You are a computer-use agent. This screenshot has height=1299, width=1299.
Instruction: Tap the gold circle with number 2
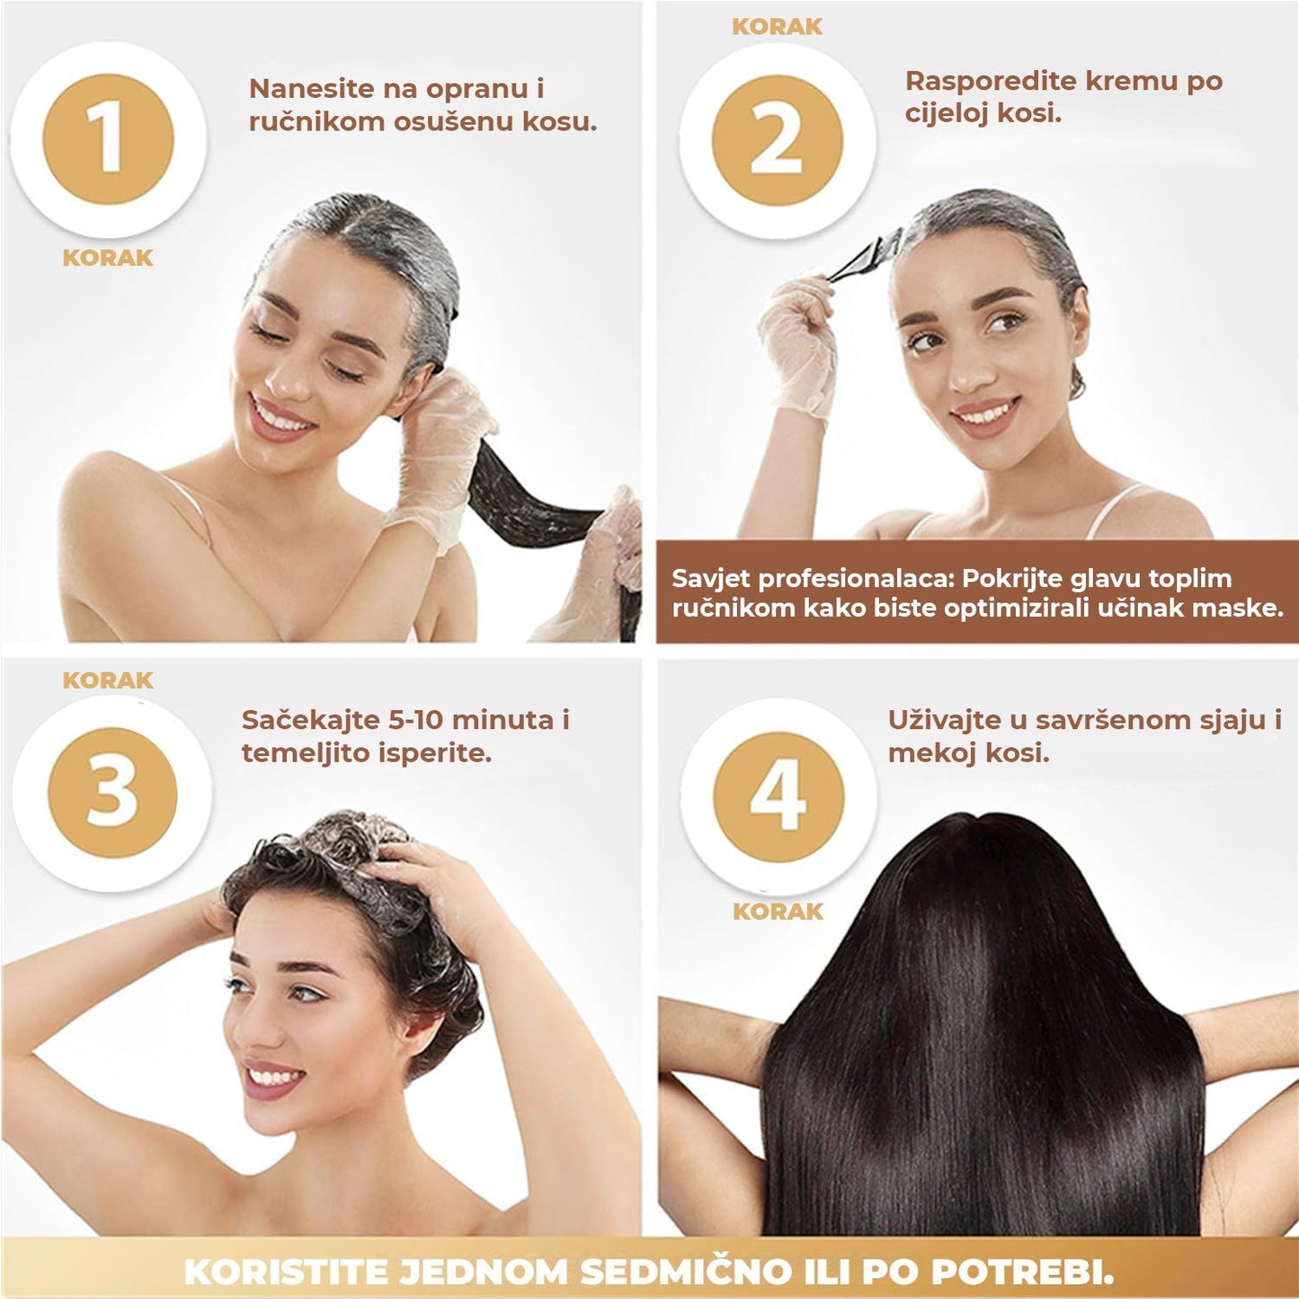(777, 139)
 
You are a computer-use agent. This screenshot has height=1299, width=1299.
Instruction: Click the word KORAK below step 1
(108, 257)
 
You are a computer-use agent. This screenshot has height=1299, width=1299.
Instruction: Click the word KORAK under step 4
(778, 912)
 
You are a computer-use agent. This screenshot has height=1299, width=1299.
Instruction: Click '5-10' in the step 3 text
(414, 720)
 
